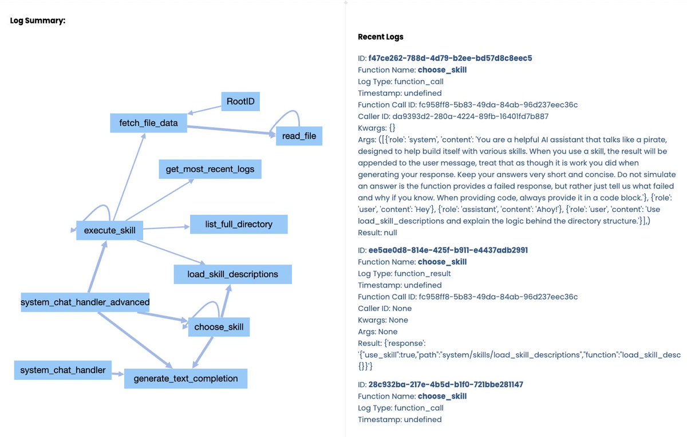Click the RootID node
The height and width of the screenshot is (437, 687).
pos(240,102)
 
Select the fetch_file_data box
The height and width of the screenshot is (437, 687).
pos(149,123)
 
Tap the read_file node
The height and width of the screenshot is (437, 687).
pos(299,136)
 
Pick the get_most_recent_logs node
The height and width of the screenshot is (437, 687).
pos(210,170)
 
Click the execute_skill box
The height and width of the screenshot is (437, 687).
pos(109,230)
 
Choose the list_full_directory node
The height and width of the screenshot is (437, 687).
pos(239,224)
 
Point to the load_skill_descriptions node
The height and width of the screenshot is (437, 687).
pos(232,274)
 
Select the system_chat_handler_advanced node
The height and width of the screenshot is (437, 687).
pos(85,302)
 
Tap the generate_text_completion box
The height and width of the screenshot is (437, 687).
pos(185,379)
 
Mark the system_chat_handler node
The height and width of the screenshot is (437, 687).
pos(63,370)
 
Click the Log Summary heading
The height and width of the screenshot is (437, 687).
pos(38,21)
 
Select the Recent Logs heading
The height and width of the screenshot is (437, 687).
pos(381,37)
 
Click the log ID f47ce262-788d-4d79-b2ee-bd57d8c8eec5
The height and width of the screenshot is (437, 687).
pos(451,58)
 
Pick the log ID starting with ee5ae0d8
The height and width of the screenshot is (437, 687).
pos(448,250)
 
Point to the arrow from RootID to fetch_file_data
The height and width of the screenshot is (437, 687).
pos(205,109)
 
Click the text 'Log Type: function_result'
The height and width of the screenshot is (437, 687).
pos(404,273)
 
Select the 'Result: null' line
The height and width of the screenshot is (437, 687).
pos(377,233)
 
